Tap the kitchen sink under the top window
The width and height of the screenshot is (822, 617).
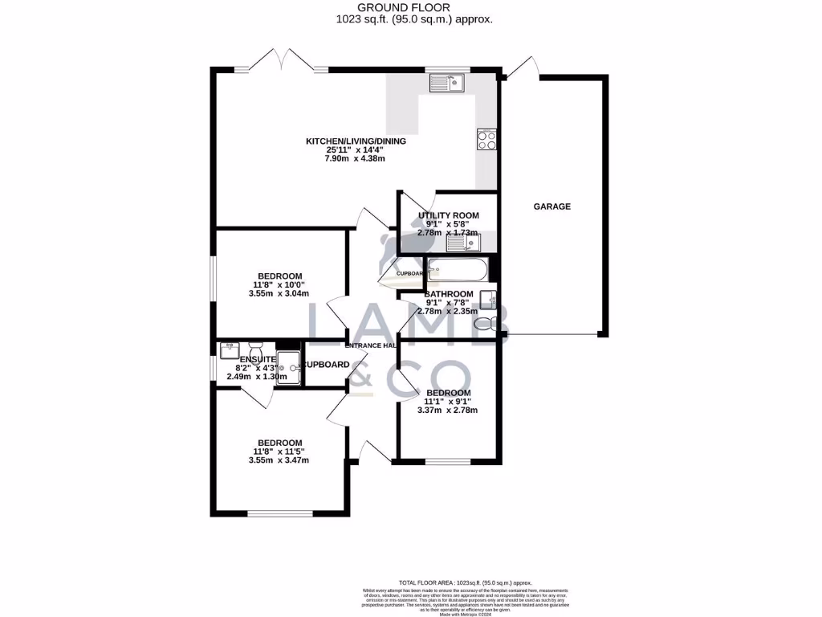tap(446, 81)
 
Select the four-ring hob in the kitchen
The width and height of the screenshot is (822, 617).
tap(486, 139)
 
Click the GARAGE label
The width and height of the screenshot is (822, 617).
tap(552, 206)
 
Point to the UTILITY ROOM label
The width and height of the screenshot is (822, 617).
tap(448, 215)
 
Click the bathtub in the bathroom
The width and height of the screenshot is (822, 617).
tap(456, 269)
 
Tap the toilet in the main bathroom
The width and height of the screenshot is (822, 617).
tap(486, 323)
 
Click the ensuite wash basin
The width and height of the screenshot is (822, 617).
tap(230, 349)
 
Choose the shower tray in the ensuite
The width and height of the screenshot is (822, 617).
tap(289, 367)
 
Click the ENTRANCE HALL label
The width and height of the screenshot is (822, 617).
tap(372, 345)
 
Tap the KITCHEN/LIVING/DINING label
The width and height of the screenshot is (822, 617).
tap(356, 141)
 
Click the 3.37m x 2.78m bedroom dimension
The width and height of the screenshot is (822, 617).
tap(447, 410)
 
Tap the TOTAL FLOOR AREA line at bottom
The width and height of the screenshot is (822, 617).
tap(465, 582)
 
